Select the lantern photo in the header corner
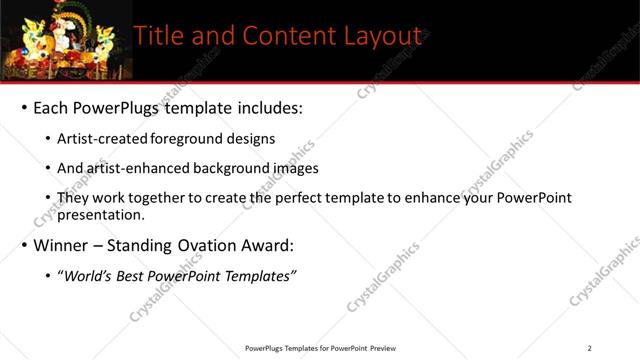[61, 40]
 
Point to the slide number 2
[589, 348]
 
